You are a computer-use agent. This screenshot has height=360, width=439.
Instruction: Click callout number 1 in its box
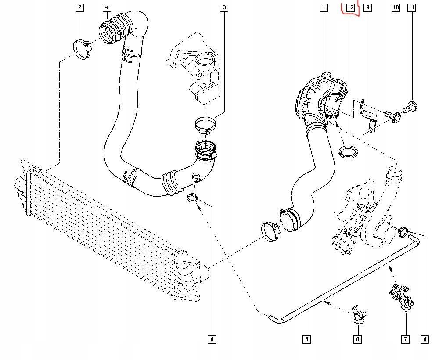pyautogui.click(x=324, y=7)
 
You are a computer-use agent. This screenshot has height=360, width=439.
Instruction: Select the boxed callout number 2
pyautogui.click(x=79, y=7)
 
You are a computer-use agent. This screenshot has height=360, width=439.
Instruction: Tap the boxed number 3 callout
pyautogui.click(x=224, y=7)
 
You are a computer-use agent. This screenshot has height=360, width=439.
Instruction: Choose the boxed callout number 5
pyautogui.click(x=306, y=339)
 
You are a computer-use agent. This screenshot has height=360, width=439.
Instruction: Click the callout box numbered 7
pyautogui.click(x=405, y=339)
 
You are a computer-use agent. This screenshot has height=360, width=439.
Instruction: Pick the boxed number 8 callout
pyautogui.click(x=358, y=339)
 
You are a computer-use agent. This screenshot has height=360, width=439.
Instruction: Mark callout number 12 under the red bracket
pyautogui.click(x=350, y=7)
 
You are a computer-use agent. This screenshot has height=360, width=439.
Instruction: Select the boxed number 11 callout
pyautogui.click(x=411, y=7)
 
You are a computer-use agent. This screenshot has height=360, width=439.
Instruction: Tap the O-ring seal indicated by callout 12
pyautogui.click(x=349, y=152)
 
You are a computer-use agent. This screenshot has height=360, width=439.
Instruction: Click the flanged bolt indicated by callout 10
pyautogui.click(x=393, y=115)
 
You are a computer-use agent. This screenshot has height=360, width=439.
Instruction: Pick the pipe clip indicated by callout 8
pyautogui.click(x=358, y=313)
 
